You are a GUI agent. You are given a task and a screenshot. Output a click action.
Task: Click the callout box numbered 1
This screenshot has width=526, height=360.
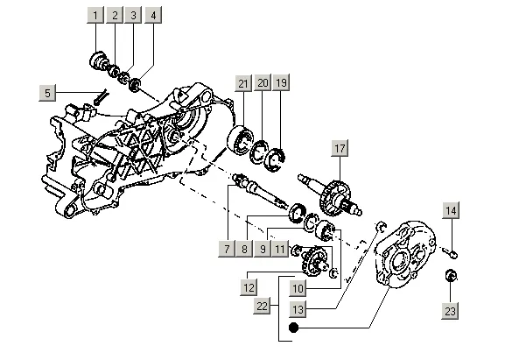[x=95, y=15]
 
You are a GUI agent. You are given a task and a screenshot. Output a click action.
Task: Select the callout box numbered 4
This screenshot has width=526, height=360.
[x=153, y=15]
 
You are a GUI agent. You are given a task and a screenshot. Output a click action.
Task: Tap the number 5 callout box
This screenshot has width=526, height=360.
[x=47, y=93]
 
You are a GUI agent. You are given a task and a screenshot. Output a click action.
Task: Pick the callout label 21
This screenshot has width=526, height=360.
[x=243, y=83]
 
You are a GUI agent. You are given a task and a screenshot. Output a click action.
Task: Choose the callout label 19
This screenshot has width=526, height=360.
[x=281, y=82]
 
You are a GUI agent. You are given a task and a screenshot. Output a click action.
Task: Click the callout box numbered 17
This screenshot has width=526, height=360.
[x=340, y=148]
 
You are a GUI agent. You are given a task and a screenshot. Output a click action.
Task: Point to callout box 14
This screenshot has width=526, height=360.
[x=451, y=210]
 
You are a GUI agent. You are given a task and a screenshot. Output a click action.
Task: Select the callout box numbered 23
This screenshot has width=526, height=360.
[x=450, y=311]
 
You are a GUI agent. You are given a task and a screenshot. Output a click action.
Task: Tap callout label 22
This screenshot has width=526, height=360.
[x=262, y=306]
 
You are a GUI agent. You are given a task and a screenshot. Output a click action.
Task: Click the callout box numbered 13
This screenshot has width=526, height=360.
[x=298, y=309]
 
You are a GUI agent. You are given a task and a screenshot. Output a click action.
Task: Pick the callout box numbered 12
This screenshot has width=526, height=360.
[x=249, y=287]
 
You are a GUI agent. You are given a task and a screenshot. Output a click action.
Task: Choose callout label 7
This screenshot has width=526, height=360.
[x=227, y=249]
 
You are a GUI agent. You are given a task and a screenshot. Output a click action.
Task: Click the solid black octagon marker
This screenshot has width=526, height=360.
[x=293, y=328]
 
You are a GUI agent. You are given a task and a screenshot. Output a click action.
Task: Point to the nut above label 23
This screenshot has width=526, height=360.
[x=452, y=275]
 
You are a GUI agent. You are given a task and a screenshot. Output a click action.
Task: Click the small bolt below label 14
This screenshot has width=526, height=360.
[x=450, y=252]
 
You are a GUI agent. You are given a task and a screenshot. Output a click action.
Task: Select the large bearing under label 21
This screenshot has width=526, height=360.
[x=240, y=139]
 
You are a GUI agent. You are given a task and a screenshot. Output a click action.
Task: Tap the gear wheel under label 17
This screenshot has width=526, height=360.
[x=334, y=198]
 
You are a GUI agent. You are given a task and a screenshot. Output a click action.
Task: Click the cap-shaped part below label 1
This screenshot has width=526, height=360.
[x=99, y=61]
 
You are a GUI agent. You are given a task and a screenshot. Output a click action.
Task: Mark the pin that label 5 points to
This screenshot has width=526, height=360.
[x=100, y=97]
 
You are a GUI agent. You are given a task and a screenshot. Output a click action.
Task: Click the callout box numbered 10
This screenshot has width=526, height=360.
[x=298, y=288]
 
